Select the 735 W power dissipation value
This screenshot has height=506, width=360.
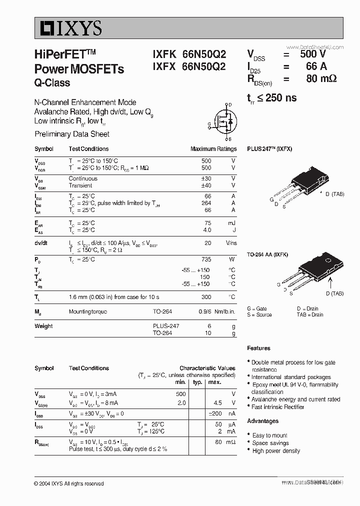(206, 259)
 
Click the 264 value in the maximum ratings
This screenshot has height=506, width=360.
(206, 203)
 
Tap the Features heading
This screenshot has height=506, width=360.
(258, 348)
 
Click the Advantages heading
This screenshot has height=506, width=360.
(262, 421)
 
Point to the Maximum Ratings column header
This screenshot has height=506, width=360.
(213, 149)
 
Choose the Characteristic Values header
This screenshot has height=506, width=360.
(207, 368)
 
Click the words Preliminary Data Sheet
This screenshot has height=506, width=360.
(72, 134)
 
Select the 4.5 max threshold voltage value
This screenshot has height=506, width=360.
(217, 403)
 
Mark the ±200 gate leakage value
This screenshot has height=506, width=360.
(215, 413)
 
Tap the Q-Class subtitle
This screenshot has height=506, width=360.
(52, 83)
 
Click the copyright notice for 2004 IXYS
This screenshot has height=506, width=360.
(69, 483)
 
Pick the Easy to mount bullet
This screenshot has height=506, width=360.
(269, 435)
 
